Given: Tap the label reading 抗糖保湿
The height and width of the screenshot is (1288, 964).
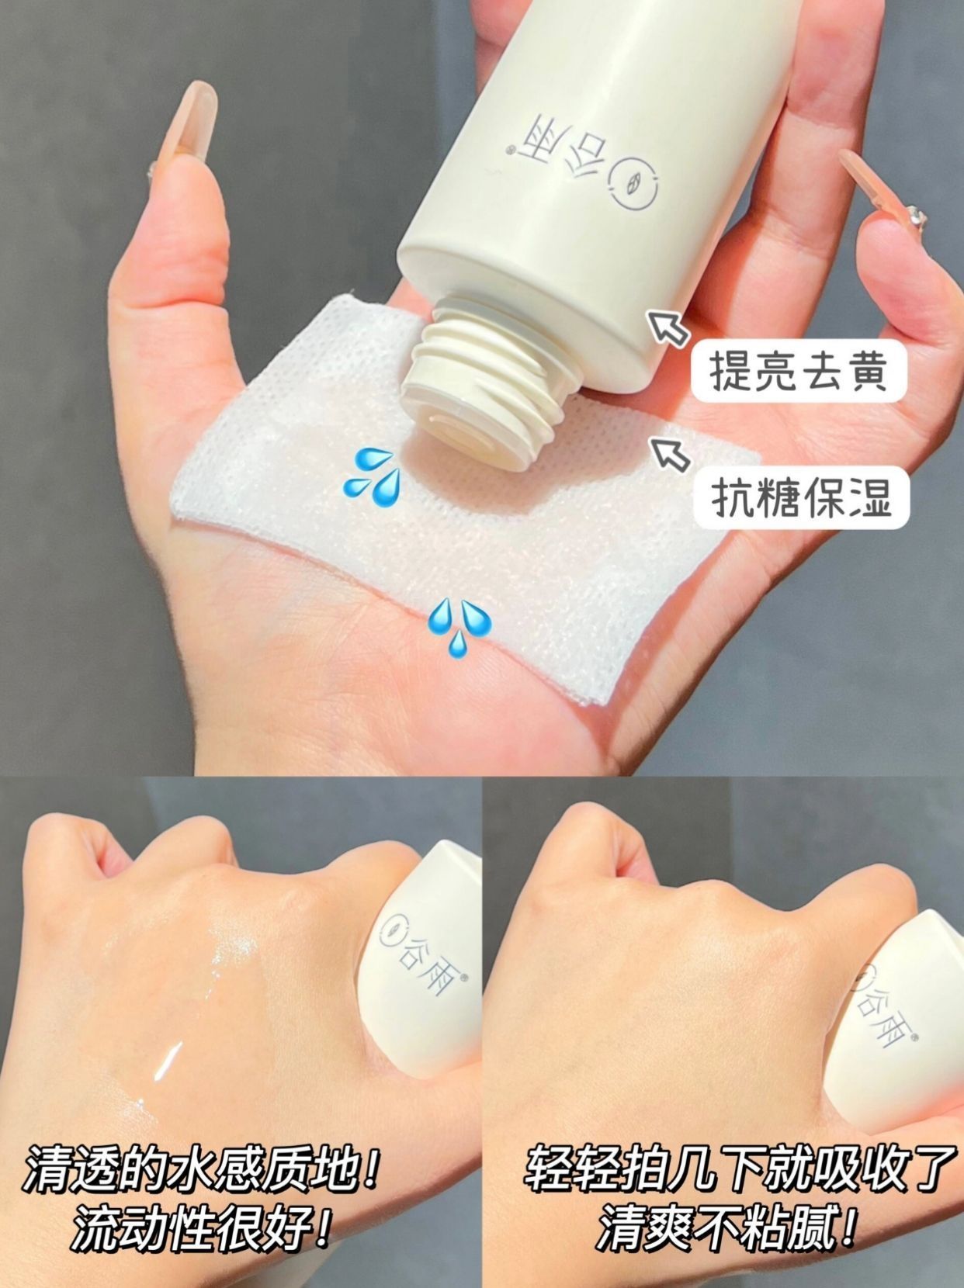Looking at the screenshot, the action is [x=801, y=497].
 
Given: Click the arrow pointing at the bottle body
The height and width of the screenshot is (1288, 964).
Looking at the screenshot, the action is [x=668, y=327].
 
